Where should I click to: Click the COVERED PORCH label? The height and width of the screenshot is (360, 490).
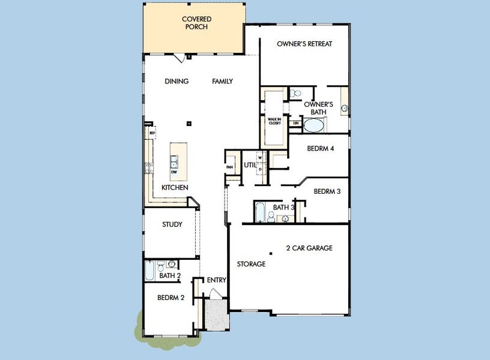point(196,23)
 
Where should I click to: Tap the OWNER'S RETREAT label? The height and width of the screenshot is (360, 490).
point(304,44)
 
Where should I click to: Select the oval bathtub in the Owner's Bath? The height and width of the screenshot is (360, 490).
point(314,125)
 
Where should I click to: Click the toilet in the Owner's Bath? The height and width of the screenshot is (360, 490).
point(296,94)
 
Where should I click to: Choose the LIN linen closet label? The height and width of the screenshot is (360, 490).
point(295,123)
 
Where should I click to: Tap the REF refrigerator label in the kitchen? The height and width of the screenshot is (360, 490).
point(153,132)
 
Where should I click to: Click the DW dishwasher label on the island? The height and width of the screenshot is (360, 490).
point(174,173)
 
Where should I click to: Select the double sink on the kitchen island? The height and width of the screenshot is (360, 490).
point(174,161)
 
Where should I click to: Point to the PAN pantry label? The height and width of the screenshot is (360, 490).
point(229,167)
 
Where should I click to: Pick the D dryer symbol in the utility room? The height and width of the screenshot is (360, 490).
point(260,169)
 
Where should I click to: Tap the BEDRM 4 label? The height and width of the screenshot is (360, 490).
point(320,149)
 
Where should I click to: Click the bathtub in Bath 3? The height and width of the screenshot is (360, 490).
point(260,212)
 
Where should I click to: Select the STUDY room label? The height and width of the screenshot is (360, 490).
point(172,224)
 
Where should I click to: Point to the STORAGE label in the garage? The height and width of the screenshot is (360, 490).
point(251,264)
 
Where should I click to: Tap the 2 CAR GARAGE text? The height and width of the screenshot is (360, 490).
point(309,248)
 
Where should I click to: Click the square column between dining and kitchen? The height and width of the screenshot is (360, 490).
point(189,124)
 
